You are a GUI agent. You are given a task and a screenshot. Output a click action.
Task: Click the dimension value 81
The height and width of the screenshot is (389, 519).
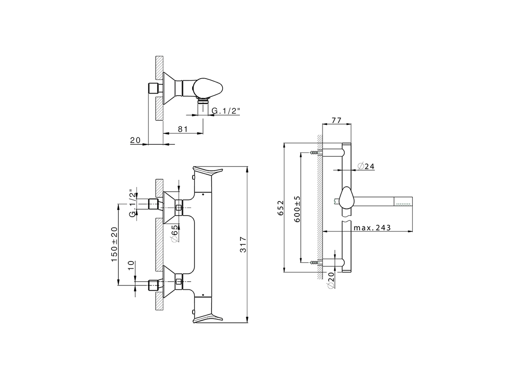(x=182, y=129)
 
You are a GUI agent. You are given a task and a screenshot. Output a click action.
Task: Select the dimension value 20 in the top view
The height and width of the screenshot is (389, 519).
(x=135, y=141)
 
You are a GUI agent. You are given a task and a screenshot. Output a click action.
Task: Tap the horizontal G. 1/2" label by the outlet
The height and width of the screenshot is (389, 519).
(x=226, y=111)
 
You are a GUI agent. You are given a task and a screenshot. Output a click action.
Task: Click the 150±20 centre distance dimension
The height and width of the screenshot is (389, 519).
(x=114, y=244)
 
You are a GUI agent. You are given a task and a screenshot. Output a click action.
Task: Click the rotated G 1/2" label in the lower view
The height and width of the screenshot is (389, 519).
(x=132, y=203)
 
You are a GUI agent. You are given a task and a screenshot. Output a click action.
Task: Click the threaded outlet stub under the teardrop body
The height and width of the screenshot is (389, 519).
(x=202, y=109)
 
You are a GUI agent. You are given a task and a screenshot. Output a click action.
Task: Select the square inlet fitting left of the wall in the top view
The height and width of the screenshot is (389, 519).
(x=152, y=88)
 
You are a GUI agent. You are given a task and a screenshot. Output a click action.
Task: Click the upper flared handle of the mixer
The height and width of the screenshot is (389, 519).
(x=207, y=172)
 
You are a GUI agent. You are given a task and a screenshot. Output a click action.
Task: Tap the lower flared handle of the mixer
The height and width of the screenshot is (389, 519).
(x=207, y=317)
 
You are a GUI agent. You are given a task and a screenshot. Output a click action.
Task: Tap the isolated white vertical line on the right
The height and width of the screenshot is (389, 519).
(x=413, y=215)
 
